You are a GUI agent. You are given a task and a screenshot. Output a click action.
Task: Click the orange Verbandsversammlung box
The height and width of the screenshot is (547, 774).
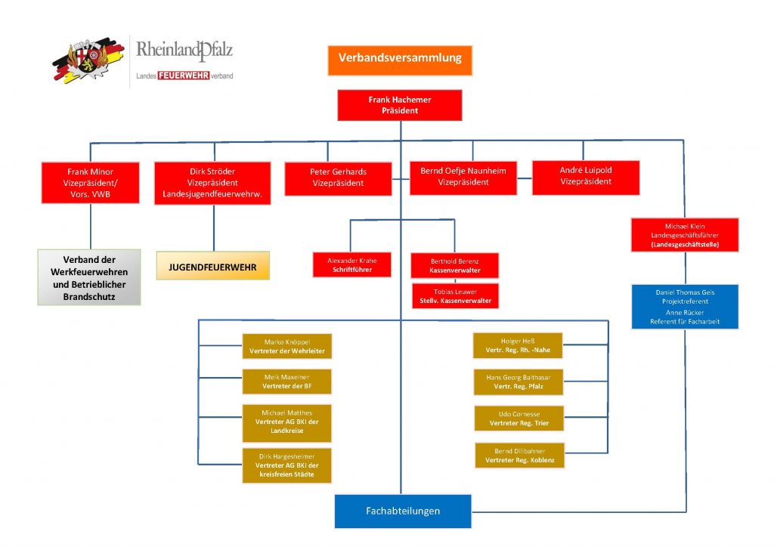click(x=399, y=60)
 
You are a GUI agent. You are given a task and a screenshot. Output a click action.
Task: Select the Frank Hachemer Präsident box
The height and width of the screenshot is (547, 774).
click(x=399, y=105)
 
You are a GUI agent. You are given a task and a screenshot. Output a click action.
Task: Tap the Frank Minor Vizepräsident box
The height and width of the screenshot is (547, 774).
click(x=90, y=183)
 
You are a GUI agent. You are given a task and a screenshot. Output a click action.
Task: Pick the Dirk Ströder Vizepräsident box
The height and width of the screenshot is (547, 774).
click(x=212, y=183)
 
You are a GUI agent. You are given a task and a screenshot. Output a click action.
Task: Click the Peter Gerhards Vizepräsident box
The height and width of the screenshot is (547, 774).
click(x=338, y=178)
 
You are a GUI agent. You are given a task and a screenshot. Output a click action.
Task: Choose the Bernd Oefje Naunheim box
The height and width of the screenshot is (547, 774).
click(x=463, y=177)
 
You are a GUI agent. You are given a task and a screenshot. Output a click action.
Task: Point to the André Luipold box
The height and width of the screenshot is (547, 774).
click(x=586, y=177)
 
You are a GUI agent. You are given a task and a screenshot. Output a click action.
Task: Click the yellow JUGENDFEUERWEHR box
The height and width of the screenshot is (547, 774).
click(x=212, y=266)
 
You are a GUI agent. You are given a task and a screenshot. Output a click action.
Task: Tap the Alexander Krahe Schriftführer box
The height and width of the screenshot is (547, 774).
click(x=351, y=264)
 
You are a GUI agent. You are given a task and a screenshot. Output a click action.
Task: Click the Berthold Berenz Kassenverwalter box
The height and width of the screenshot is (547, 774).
click(x=454, y=265)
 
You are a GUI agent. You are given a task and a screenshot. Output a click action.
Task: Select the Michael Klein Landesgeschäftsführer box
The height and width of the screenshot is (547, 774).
click(x=685, y=235)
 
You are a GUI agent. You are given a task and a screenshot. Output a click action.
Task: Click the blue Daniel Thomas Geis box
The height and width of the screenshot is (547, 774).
click(x=685, y=306)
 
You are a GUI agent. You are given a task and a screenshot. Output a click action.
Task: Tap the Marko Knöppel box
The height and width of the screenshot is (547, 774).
click(x=287, y=346)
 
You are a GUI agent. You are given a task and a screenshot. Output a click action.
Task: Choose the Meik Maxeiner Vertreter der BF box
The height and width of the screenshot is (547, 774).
click(x=287, y=382)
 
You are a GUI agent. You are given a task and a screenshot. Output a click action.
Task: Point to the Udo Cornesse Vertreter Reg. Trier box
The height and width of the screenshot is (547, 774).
click(x=519, y=419)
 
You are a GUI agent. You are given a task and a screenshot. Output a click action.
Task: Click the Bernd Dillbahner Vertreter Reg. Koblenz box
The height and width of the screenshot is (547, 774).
click(x=519, y=455)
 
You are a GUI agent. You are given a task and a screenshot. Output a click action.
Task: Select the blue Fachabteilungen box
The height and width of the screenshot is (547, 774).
click(x=403, y=511)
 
